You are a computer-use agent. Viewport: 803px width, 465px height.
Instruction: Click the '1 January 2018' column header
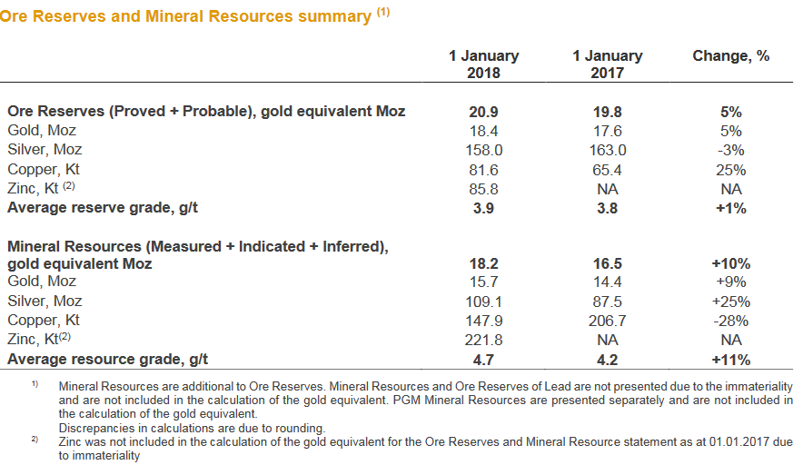coord(483,64)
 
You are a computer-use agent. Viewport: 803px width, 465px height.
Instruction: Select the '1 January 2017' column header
coord(607,64)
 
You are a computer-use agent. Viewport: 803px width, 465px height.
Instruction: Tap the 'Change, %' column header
coord(730,56)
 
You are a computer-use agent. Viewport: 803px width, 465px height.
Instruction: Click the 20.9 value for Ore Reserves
coord(483,112)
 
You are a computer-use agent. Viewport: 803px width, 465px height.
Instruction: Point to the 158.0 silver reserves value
coord(483,150)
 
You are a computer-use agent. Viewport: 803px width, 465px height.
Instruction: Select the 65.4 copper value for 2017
coord(607,170)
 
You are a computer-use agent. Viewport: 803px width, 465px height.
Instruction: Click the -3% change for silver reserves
coord(730,150)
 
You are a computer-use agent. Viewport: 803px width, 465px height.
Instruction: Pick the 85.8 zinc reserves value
coord(483,189)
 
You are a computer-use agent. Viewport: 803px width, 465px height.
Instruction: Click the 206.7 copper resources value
coord(607,320)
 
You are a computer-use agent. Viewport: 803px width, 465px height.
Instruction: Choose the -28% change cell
coord(730,320)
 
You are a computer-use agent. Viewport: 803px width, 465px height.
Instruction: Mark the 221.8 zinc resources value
coord(483,340)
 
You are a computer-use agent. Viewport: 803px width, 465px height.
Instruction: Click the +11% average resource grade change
coord(730,359)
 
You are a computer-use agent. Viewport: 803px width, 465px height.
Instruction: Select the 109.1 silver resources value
coord(483,301)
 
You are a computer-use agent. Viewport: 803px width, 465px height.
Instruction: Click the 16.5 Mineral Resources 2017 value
coord(607,263)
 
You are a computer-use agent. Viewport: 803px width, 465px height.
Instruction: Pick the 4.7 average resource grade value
coord(483,359)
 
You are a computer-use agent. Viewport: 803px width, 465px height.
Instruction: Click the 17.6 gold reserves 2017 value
coord(607,131)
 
